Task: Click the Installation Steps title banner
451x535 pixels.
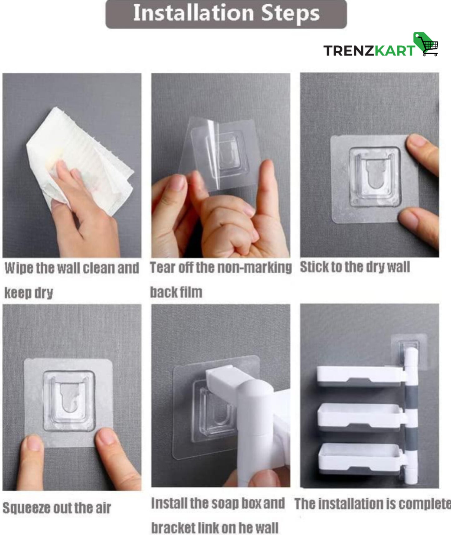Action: [226, 14]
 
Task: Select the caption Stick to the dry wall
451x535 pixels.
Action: [355, 267]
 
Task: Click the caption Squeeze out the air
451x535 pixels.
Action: [57, 508]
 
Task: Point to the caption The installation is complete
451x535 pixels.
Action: [373, 504]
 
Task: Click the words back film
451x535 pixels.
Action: [176, 292]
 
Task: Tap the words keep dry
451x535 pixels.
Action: [29, 293]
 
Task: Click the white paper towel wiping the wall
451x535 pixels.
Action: [80, 159]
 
